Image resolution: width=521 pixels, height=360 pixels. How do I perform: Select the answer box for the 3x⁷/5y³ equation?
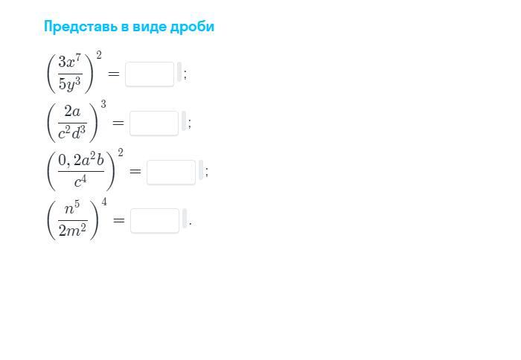[150, 74]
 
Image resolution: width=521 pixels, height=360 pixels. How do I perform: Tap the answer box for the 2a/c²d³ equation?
[154, 123]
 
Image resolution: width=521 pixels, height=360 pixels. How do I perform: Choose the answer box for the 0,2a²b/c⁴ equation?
[171, 172]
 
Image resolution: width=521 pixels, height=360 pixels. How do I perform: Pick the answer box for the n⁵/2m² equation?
[155, 220]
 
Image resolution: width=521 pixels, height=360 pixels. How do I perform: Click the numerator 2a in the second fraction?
[72, 112]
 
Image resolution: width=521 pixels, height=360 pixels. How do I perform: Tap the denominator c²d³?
[72, 132]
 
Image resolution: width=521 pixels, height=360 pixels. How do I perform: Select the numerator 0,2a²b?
[81, 160]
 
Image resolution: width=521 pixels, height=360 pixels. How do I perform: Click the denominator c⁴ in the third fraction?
[81, 181]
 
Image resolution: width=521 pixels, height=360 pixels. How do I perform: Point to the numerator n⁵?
[72, 209]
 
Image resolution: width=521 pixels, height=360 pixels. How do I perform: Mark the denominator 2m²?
[72, 230]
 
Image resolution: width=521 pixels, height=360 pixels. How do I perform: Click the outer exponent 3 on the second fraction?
[103, 104]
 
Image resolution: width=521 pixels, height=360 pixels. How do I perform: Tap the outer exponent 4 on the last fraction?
[104, 202]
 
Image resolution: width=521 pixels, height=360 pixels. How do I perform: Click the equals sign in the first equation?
[113, 74]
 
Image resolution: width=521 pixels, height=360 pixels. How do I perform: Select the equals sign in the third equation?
[135, 172]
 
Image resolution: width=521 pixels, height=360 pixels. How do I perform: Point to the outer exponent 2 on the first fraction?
[99, 55]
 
